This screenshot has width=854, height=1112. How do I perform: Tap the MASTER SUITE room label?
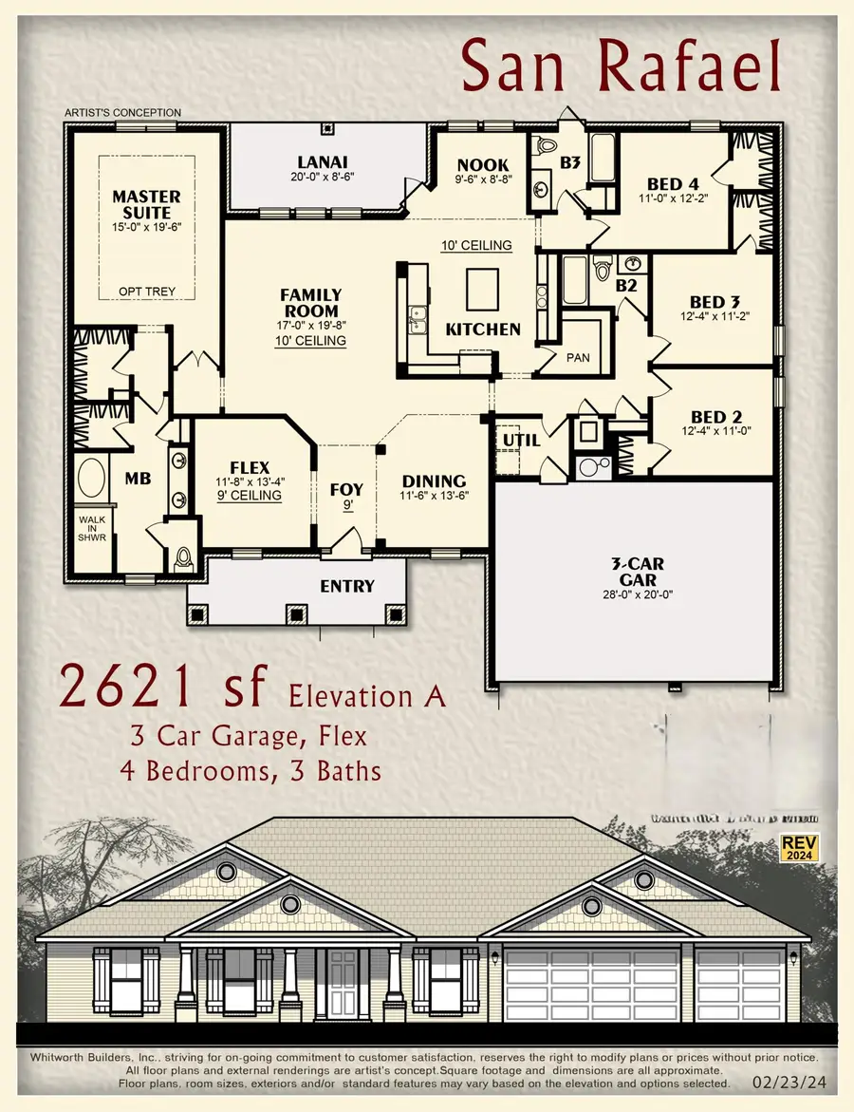point(147,204)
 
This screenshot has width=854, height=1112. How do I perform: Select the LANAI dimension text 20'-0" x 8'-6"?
point(323,177)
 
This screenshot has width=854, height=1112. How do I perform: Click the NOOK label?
point(483,165)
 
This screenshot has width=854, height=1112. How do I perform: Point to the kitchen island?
point(483,284)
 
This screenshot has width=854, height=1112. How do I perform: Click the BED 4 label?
point(675,184)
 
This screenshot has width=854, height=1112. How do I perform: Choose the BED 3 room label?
point(715,303)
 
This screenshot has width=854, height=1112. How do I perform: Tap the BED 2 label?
point(715,416)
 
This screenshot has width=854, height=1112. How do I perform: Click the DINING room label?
point(433,481)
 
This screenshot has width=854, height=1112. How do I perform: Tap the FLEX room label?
point(250,468)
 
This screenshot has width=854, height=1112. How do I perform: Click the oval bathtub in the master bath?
point(92,479)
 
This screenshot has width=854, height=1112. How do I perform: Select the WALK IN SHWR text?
point(92,528)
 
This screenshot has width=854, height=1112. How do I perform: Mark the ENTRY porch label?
point(347,586)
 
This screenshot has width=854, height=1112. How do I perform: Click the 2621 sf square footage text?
point(161,686)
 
